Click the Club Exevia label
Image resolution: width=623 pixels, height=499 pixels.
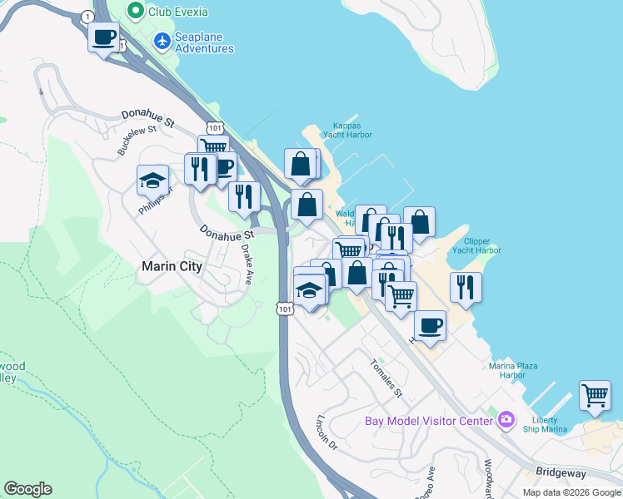(x=178, y=12)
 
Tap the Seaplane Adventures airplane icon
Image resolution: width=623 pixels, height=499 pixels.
(x=162, y=40)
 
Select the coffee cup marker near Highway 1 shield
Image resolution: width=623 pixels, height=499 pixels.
(x=103, y=37)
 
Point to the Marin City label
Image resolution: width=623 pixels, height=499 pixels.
(x=172, y=266)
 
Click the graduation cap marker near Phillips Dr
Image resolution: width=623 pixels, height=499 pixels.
(x=152, y=180)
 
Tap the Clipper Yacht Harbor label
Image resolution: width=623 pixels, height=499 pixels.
(x=483, y=245)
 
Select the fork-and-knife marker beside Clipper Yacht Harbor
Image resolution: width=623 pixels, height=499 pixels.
(x=466, y=288)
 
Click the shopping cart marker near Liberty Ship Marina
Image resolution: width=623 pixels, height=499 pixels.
(x=596, y=397)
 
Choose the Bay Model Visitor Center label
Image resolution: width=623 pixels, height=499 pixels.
(x=429, y=420)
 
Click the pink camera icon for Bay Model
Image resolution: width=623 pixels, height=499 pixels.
(x=506, y=420)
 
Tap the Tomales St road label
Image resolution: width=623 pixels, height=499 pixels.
(x=387, y=378)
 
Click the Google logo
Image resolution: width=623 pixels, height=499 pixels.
(x=27, y=489)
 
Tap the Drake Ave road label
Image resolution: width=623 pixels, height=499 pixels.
(x=247, y=264)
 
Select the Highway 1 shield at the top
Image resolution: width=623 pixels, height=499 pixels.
(x=87, y=17)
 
